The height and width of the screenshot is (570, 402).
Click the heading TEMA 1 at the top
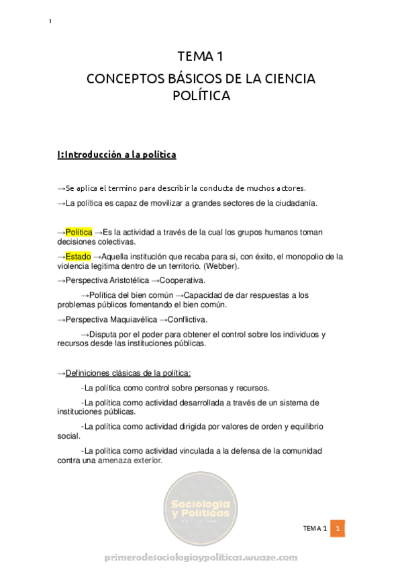tap(201, 56)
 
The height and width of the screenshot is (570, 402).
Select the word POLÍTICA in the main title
tap(201, 95)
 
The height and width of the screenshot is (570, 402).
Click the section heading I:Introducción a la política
tap(117, 155)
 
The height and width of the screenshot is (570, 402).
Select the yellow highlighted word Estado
tap(79, 256)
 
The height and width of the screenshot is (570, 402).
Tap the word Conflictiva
tap(186, 319)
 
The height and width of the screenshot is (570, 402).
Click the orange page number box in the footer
tap(339, 529)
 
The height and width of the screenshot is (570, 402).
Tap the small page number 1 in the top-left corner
tap(50, 22)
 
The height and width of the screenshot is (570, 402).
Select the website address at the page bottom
tap(201, 558)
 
